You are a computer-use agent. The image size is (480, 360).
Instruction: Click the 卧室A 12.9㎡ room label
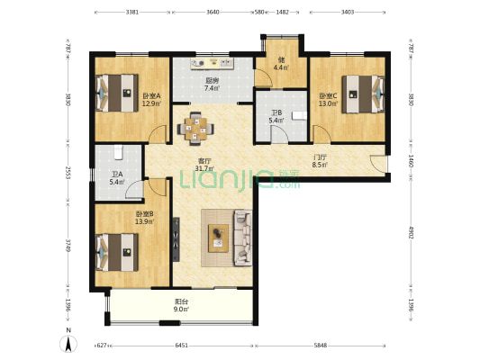tap(151, 100)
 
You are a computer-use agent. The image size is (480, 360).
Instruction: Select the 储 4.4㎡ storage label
tap(281, 64)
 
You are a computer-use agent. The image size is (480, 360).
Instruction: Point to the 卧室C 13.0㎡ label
tap(328, 100)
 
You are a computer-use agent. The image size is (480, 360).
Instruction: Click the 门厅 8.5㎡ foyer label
tap(320, 161)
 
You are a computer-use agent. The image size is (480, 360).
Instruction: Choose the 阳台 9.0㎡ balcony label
tap(181, 305)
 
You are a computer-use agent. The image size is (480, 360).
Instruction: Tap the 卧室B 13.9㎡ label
tap(144, 218)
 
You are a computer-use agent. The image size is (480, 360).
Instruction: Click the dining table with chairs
tap(195, 129)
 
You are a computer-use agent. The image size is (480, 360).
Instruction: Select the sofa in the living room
tap(243, 238)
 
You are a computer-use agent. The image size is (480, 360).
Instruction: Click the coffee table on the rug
tap(218, 238)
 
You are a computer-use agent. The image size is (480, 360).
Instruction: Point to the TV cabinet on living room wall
tap(176, 239)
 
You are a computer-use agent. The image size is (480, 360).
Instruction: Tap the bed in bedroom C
tap(363, 94)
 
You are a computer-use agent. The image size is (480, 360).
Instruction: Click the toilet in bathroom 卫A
tap(118, 152)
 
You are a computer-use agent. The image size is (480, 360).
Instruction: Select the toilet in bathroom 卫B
tap(299, 115)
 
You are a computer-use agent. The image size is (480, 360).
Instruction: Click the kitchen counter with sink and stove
tap(213, 63)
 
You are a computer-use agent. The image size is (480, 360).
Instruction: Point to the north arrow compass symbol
tap(68, 342)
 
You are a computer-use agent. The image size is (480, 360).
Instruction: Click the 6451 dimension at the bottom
tap(182, 346)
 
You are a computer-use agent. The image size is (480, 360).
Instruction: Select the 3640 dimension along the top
tap(213, 13)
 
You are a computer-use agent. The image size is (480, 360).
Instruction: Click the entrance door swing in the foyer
tap(378, 164)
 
